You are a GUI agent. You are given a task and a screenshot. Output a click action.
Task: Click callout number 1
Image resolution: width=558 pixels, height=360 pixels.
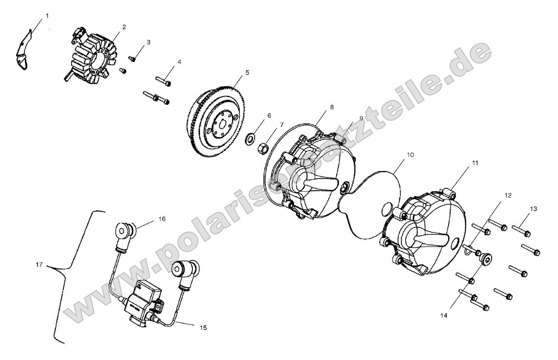47,16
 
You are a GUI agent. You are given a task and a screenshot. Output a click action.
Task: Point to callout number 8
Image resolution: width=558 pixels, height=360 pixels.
332,107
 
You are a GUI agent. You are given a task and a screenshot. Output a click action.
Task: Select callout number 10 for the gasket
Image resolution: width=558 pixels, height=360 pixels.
410,155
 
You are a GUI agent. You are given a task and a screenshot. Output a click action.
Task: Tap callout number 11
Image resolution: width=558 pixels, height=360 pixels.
475,163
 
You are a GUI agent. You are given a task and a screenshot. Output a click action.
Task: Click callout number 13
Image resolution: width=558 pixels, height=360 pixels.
533,209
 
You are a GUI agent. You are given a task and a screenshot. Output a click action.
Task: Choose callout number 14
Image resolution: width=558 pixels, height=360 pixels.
444,315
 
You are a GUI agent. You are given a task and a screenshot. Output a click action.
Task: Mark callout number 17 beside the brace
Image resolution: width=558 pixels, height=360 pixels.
39,265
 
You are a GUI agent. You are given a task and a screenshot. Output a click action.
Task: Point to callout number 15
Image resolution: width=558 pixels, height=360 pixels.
203,328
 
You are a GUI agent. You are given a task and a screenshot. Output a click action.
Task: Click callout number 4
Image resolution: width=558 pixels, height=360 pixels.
179,62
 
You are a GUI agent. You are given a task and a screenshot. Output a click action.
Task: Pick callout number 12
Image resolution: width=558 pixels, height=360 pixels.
508,195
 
